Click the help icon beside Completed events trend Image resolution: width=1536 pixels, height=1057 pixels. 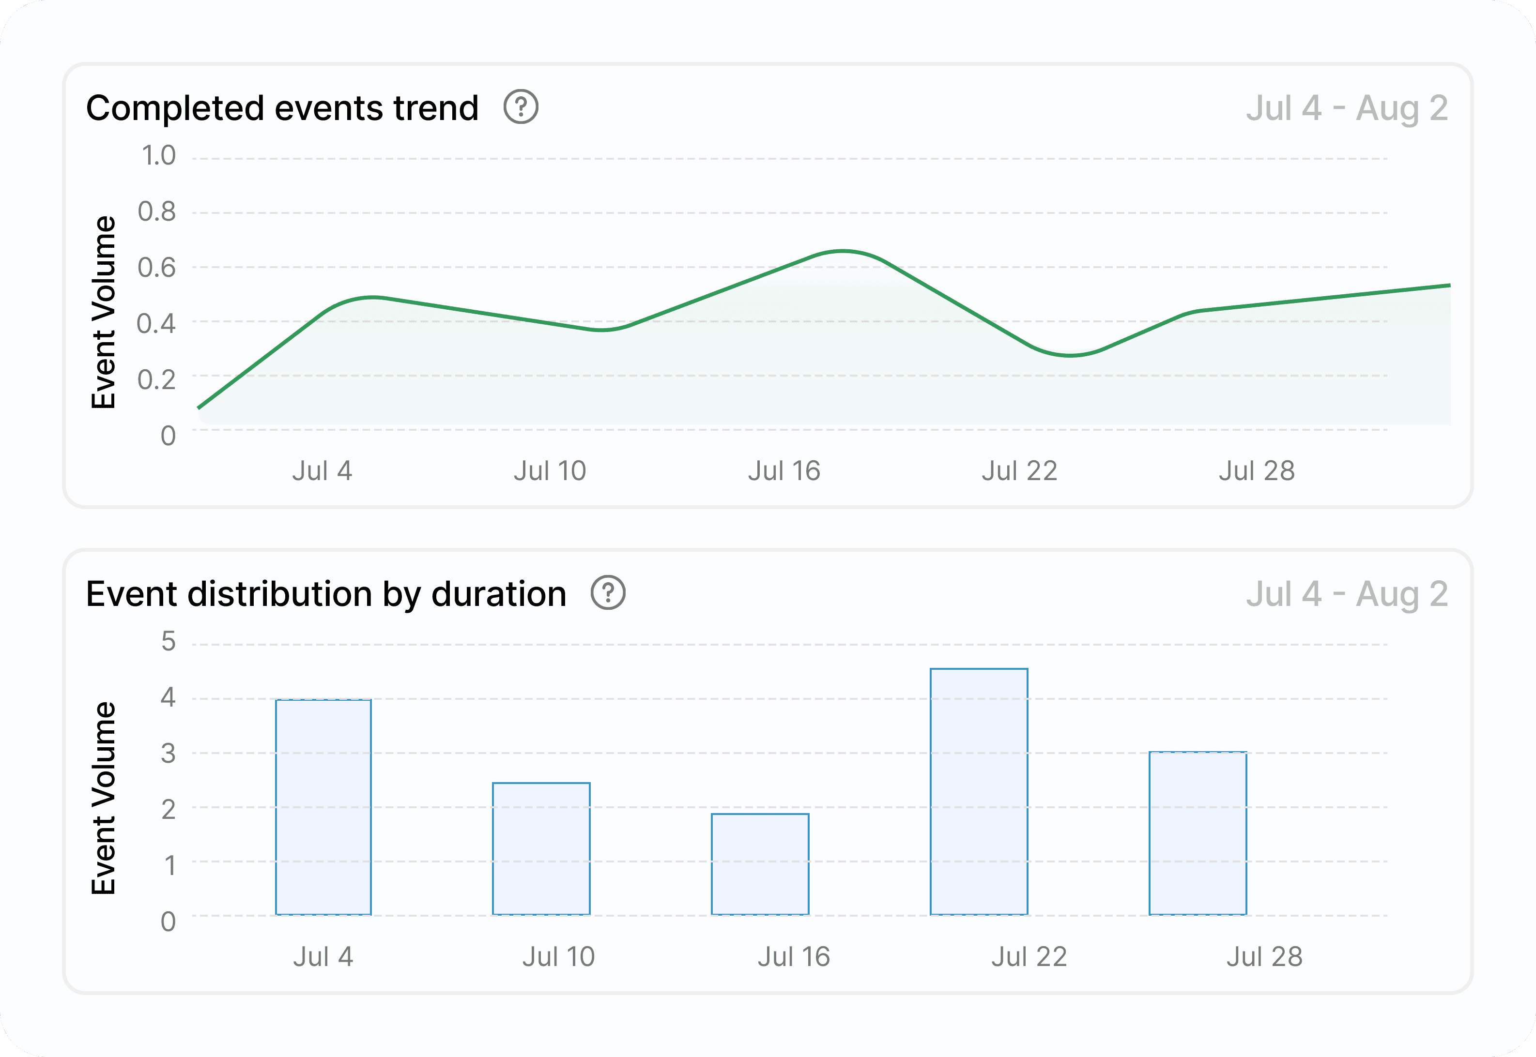(521, 106)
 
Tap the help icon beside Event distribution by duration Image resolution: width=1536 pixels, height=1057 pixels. (608, 593)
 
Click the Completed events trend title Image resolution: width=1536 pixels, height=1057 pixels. (282, 108)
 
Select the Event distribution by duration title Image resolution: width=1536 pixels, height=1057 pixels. (326, 593)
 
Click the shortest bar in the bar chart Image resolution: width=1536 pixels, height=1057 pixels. (760, 864)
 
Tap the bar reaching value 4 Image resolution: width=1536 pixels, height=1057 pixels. (323, 807)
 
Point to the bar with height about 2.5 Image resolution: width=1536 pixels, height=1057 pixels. (541, 848)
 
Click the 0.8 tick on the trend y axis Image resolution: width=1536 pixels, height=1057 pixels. (157, 212)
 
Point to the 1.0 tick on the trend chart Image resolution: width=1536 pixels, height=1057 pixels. (158, 156)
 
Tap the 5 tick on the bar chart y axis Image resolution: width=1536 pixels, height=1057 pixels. (169, 641)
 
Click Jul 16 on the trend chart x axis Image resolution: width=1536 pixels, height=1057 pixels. (784, 471)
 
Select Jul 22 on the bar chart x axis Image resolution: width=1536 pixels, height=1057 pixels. (1029, 956)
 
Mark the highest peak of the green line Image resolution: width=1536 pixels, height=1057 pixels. (842, 251)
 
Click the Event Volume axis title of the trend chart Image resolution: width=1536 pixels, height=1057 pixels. (103, 312)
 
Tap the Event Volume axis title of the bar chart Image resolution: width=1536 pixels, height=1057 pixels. (103, 798)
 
